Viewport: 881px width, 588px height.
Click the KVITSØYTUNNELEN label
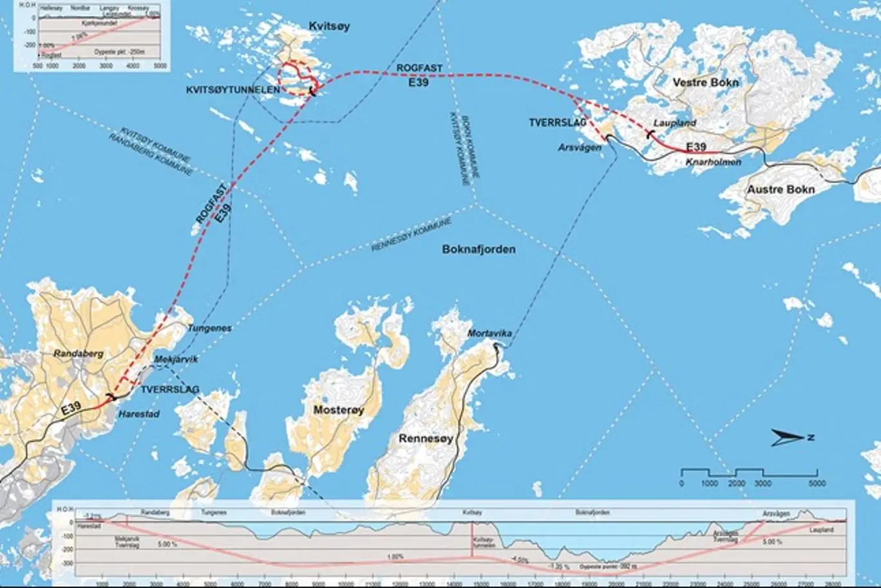[243, 90]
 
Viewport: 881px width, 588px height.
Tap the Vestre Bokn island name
[705, 82]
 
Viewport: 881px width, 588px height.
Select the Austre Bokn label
[781, 189]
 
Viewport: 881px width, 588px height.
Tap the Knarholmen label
[713, 162]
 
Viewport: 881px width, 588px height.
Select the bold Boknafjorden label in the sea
[479, 249]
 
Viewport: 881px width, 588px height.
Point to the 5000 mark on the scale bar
[817, 483]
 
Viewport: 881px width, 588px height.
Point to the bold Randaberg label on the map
[79, 354]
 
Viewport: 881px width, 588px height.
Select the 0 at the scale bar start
[681, 483]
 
